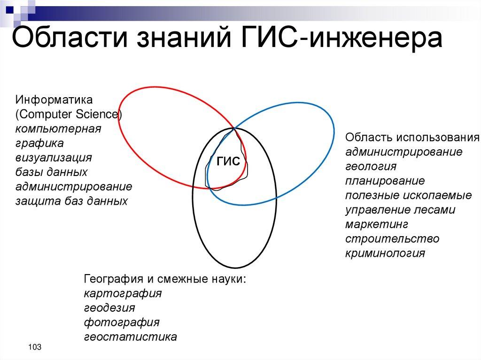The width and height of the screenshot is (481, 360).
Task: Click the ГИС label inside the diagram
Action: (x=228, y=161)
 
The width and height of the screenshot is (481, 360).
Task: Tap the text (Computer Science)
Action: (x=69, y=115)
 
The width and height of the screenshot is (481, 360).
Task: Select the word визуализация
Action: (x=54, y=157)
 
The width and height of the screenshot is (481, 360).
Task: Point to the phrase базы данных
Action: (x=52, y=172)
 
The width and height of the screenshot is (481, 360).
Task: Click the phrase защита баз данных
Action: (x=71, y=201)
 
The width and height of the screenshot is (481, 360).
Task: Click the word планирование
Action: (x=385, y=181)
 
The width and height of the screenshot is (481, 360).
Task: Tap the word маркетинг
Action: (x=377, y=224)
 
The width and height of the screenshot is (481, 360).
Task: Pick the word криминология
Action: (x=385, y=253)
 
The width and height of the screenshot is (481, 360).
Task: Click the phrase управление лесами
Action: (x=400, y=210)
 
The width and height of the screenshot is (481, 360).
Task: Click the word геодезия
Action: (x=109, y=308)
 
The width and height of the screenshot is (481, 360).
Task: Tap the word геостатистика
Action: (x=131, y=337)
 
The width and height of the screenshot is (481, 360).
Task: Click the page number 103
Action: (x=34, y=347)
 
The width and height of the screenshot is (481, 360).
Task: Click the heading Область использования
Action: (x=412, y=137)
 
